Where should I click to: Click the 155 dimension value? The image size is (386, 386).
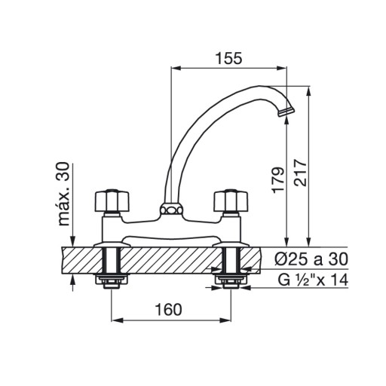click(x=228, y=59)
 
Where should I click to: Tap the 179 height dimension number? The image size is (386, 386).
click(x=278, y=180)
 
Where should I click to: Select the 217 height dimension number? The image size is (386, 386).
click(x=301, y=173)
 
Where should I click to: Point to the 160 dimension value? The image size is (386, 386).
click(x=168, y=310)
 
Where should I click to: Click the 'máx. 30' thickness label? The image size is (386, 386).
click(x=63, y=194)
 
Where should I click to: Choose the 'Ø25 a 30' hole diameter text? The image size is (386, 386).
click(x=311, y=259)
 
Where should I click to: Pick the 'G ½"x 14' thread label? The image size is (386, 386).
click(x=313, y=280)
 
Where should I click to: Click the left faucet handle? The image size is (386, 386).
click(x=112, y=201)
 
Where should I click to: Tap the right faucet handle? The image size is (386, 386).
click(x=231, y=201)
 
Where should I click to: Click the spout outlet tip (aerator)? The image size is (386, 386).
click(x=286, y=112)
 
